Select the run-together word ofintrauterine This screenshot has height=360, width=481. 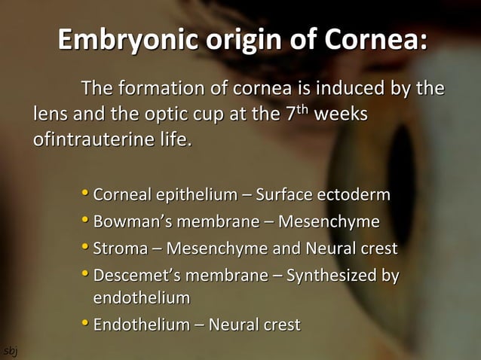coord(92,141)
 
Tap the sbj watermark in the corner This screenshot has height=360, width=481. coord(8,351)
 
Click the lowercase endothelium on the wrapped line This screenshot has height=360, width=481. coord(141,299)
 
